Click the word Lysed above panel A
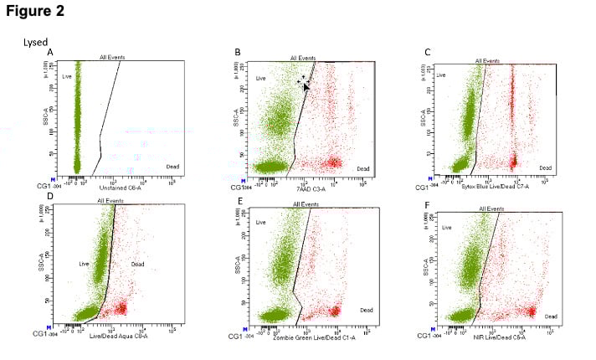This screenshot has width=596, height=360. click(35, 41)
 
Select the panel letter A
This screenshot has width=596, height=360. click(50, 52)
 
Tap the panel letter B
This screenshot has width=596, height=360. click(238, 52)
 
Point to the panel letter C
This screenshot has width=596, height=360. click(427, 52)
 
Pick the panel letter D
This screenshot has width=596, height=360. click(50, 198)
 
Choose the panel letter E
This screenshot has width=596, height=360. click(238, 200)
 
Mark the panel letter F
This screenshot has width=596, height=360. click(427, 200)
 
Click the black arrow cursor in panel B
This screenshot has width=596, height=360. click(306, 85)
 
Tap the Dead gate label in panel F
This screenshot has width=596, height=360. click(550, 316)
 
